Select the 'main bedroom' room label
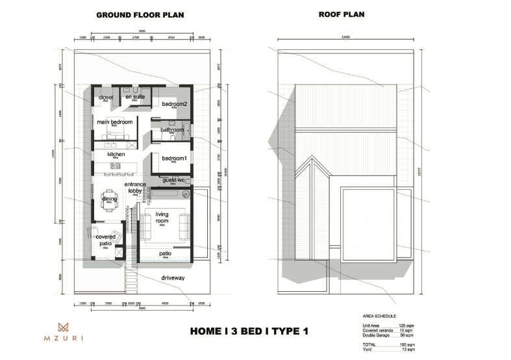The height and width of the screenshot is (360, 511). pyautogui.click(x=115, y=122)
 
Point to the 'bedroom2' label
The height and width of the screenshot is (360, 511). pyautogui.click(x=174, y=104)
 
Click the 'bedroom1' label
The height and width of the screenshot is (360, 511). pyautogui.click(x=174, y=159)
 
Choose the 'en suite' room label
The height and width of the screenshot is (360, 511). pyautogui.click(x=135, y=97)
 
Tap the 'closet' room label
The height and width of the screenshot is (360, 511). pyautogui.click(x=106, y=97)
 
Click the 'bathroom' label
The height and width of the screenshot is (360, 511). pyautogui.click(x=173, y=130)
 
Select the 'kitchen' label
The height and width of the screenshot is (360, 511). pyautogui.click(x=116, y=154)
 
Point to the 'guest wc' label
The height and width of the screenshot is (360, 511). pyautogui.click(x=174, y=180)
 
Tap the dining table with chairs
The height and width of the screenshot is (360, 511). pyautogui.click(x=108, y=202)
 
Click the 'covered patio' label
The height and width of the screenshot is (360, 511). pyautogui.click(x=106, y=240)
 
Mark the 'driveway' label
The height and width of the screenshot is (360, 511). pyautogui.click(x=173, y=278)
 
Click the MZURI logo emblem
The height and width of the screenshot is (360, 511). pyautogui.click(x=63, y=328)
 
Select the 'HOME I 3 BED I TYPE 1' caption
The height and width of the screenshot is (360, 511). pyautogui.click(x=249, y=331)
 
